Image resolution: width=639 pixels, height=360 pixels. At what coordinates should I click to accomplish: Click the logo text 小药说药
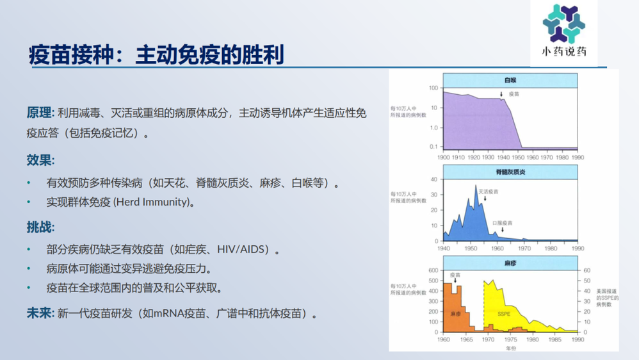click(x=564, y=51)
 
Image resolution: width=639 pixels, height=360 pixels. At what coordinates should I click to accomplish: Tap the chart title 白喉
click(x=510, y=80)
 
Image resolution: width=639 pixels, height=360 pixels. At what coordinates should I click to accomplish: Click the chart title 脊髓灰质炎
click(x=510, y=172)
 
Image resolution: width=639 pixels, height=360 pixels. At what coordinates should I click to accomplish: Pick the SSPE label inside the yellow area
click(x=504, y=314)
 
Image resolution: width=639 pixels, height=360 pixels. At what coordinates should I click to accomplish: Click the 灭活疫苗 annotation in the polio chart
click(x=489, y=192)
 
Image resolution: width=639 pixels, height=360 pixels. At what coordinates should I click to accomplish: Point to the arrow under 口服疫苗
click(x=503, y=229)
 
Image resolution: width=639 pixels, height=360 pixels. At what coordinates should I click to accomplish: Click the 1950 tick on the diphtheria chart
click(x=518, y=158)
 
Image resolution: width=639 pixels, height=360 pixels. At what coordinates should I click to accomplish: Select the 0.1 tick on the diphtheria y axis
click(x=433, y=146)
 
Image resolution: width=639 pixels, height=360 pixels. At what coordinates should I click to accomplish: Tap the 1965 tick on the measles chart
click(x=466, y=340)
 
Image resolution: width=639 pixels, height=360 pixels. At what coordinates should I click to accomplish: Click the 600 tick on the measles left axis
click(x=433, y=270)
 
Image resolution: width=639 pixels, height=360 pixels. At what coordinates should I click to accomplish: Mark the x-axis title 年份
click(x=511, y=348)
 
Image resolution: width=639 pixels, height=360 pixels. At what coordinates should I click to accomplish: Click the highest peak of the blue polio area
click(x=476, y=186)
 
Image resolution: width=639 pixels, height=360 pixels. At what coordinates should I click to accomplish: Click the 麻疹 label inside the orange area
click(x=456, y=314)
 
